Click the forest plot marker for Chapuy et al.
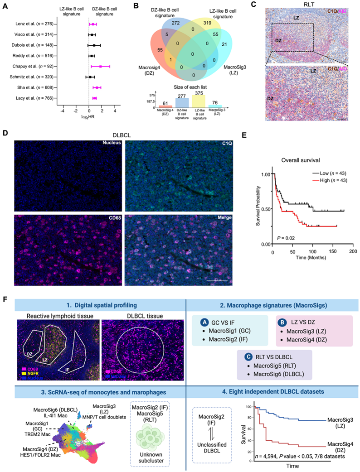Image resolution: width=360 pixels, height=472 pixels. tap(101, 67)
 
